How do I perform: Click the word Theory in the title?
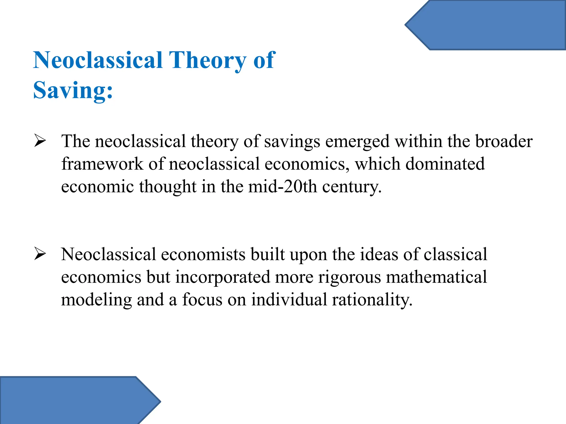207,60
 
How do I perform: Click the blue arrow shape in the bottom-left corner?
75,400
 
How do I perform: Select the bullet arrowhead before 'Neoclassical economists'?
40,254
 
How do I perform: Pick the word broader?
504,141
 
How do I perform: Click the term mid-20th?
282,187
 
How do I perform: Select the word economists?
203,254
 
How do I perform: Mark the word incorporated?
223,277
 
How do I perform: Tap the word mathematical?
436,277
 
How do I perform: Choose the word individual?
289,300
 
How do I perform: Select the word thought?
167,187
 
